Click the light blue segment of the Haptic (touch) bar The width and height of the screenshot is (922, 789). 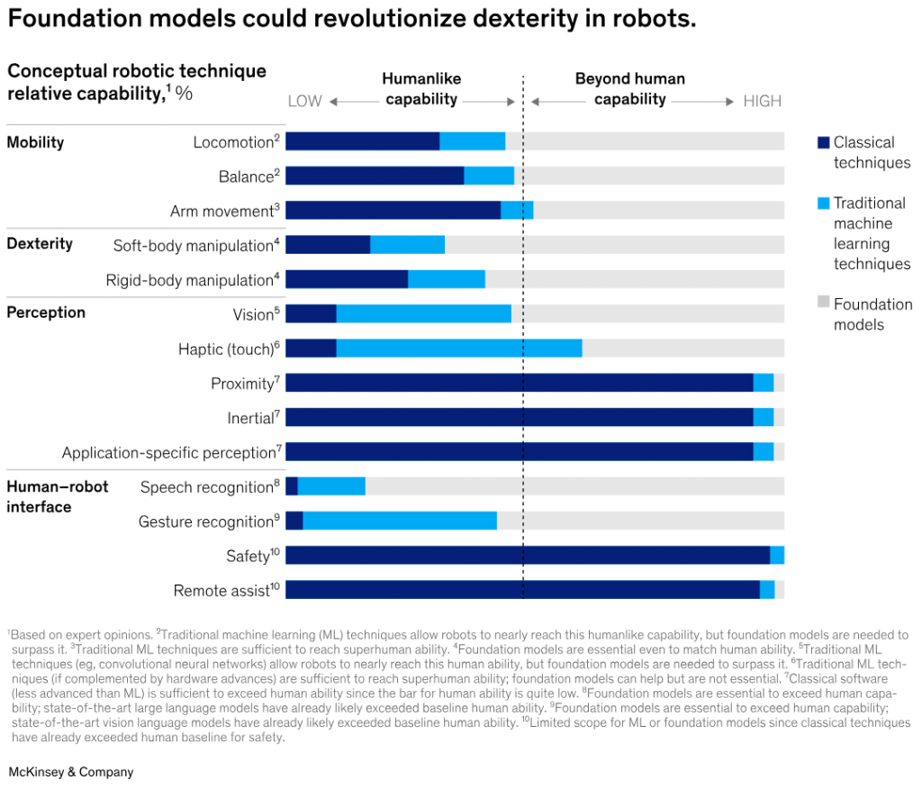[459, 349]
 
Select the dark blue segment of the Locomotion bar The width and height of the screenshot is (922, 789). [362, 141]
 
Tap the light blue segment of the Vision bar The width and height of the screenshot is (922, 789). [423, 313]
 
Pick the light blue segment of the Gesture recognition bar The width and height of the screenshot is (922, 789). [400, 521]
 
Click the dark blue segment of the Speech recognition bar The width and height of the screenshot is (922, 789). [292, 486]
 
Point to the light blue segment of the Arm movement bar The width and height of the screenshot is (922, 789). [517, 210]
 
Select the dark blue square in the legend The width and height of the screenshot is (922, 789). [822, 142]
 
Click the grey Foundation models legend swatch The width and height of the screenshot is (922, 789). [822, 304]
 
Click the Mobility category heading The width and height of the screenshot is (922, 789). [35, 142]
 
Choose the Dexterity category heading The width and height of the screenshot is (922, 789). [40, 244]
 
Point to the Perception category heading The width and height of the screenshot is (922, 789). [46, 313]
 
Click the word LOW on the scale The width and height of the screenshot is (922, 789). [304, 101]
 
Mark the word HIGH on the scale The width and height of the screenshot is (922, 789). [762, 101]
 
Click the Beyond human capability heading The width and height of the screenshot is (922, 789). [629, 89]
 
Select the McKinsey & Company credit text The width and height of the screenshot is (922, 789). [70, 772]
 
